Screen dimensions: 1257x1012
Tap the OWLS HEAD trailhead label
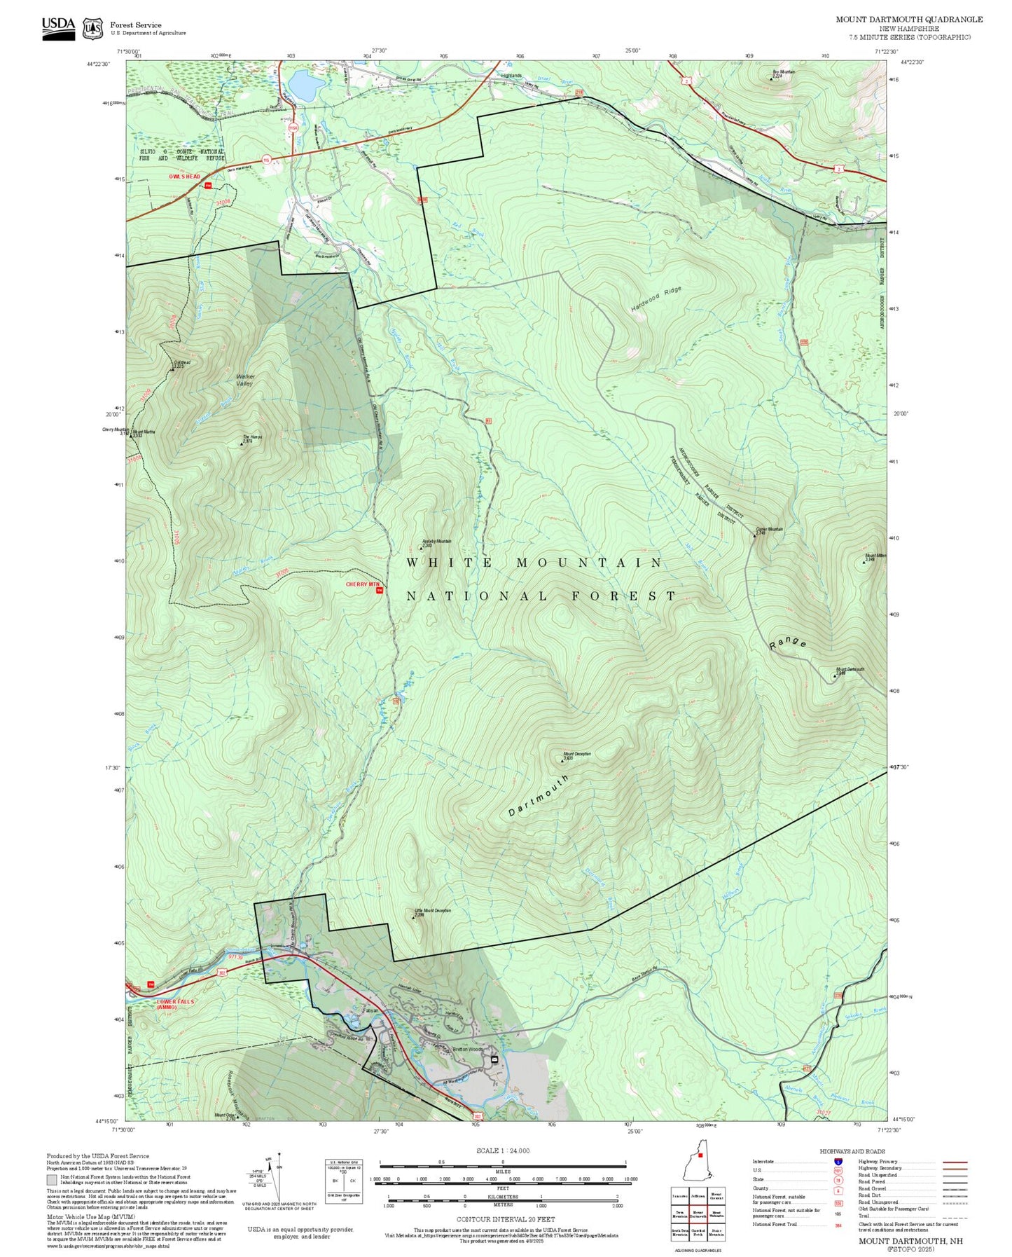click(x=185, y=177)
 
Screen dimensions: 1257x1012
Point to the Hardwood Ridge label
click(x=656, y=299)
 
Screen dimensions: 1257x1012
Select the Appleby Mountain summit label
click(x=437, y=542)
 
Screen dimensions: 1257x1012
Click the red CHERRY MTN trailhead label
click(x=363, y=584)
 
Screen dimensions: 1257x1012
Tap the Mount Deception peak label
click(x=578, y=755)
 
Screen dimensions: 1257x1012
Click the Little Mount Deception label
click(x=433, y=912)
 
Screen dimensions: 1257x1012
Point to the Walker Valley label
click(x=245, y=380)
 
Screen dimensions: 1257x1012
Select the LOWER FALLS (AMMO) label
click(x=175, y=1004)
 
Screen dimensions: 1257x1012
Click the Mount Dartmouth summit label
click(x=850, y=670)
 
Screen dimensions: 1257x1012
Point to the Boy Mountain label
click(x=784, y=72)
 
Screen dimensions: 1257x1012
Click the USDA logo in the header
click(x=58, y=28)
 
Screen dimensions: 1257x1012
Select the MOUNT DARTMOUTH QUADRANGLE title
click(x=909, y=20)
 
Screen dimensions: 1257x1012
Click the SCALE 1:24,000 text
click(x=503, y=1151)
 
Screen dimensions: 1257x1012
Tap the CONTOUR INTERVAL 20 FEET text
click(x=506, y=1220)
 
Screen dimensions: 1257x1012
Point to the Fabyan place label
click(x=371, y=1010)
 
